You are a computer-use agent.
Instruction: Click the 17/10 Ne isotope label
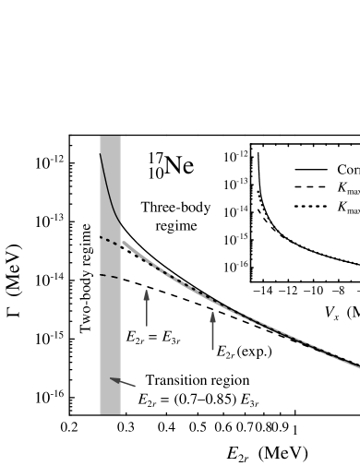(171, 165)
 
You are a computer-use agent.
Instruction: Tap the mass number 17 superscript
(154, 157)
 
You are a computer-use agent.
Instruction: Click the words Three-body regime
(176, 216)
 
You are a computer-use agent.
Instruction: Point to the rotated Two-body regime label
(87, 278)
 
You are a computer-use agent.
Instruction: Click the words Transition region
(198, 380)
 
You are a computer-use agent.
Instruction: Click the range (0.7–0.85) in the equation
(205, 400)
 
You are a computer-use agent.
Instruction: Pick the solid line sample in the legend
(311, 170)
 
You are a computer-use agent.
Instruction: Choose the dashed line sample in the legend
(311, 189)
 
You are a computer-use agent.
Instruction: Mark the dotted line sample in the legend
(311, 208)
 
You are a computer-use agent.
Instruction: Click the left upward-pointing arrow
(147, 308)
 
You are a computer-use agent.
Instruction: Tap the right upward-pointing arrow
(213, 330)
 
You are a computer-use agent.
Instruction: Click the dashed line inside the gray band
(109, 275)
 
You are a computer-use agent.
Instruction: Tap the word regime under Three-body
(176, 225)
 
